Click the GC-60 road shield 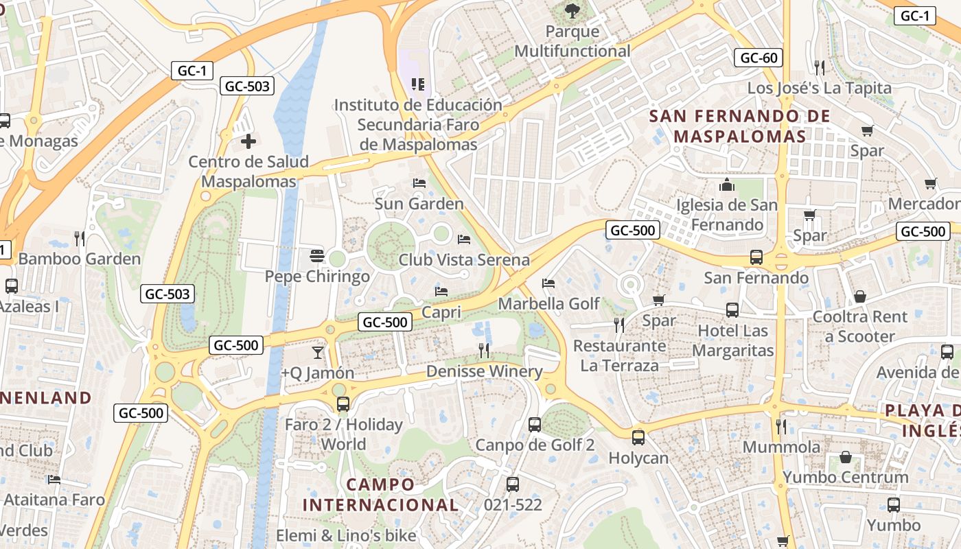coord(759,58)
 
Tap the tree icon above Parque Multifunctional coord(572,10)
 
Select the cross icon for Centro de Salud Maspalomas coord(248,142)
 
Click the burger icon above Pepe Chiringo coord(316,256)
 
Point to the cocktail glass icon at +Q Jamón coord(317,353)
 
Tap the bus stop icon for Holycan coord(638,437)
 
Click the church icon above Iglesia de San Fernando coord(726,185)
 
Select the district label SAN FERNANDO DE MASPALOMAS coord(740,126)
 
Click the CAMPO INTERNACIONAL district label coord(380,495)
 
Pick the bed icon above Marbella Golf coord(548,283)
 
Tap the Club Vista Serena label coord(464,260)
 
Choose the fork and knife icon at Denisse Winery coord(484,351)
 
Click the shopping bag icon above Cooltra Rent coord(859,296)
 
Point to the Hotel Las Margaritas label coord(732,340)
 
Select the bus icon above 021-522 coord(513,484)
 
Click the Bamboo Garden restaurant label coord(79,259)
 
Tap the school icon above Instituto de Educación coord(417,84)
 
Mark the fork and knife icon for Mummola coord(781,426)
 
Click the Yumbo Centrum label coord(845,477)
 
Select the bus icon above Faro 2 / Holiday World coord(343,404)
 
